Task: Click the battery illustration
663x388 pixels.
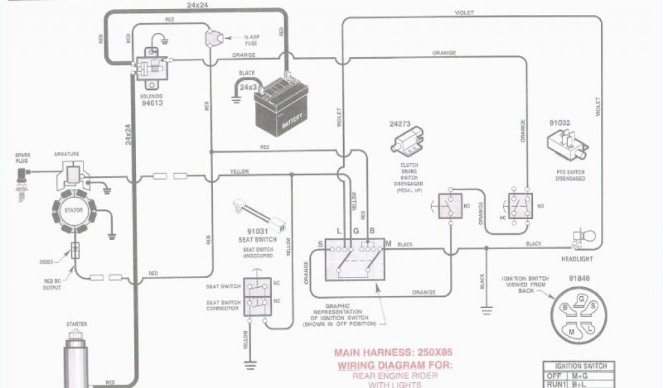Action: coord(283,106)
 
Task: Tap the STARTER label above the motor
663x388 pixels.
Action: coord(76,324)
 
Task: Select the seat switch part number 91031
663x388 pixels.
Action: coord(259,230)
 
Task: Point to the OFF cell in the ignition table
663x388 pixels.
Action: coord(554,376)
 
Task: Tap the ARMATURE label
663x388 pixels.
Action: coord(67,154)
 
